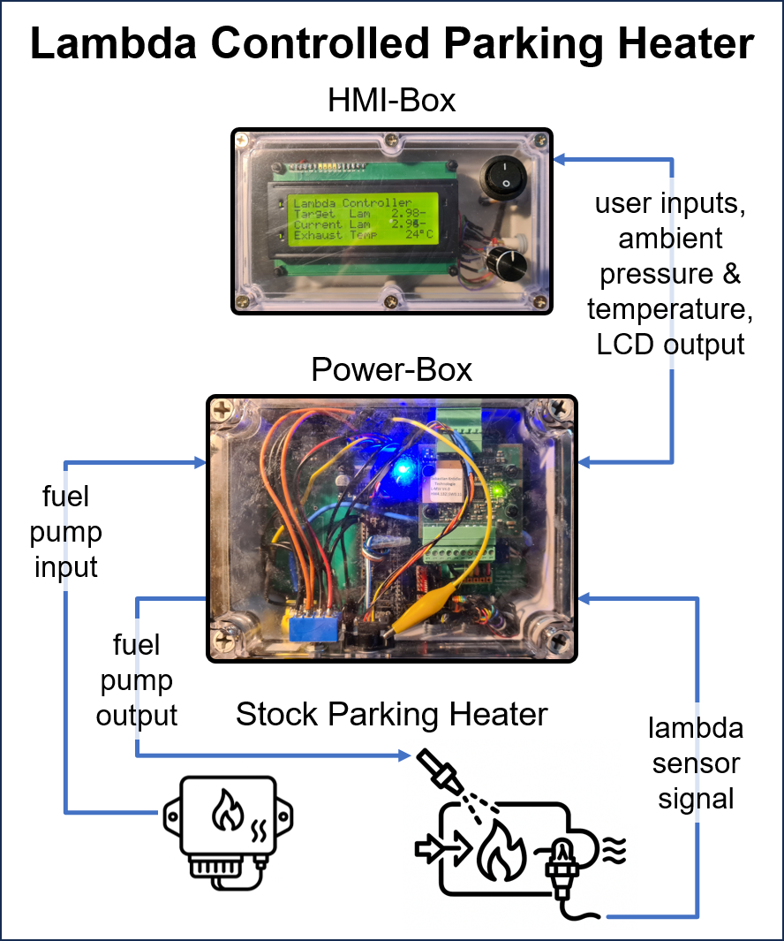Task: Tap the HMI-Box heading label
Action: [x=391, y=101]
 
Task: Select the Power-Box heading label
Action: [x=391, y=369]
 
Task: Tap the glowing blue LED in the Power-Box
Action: [x=404, y=469]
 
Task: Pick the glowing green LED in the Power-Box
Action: [x=499, y=488]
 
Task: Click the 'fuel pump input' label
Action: [x=66, y=533]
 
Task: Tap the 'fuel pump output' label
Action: [x=137, y=680]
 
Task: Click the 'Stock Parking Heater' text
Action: [x=392, y=714]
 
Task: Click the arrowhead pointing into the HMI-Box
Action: [x=560, y=159]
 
